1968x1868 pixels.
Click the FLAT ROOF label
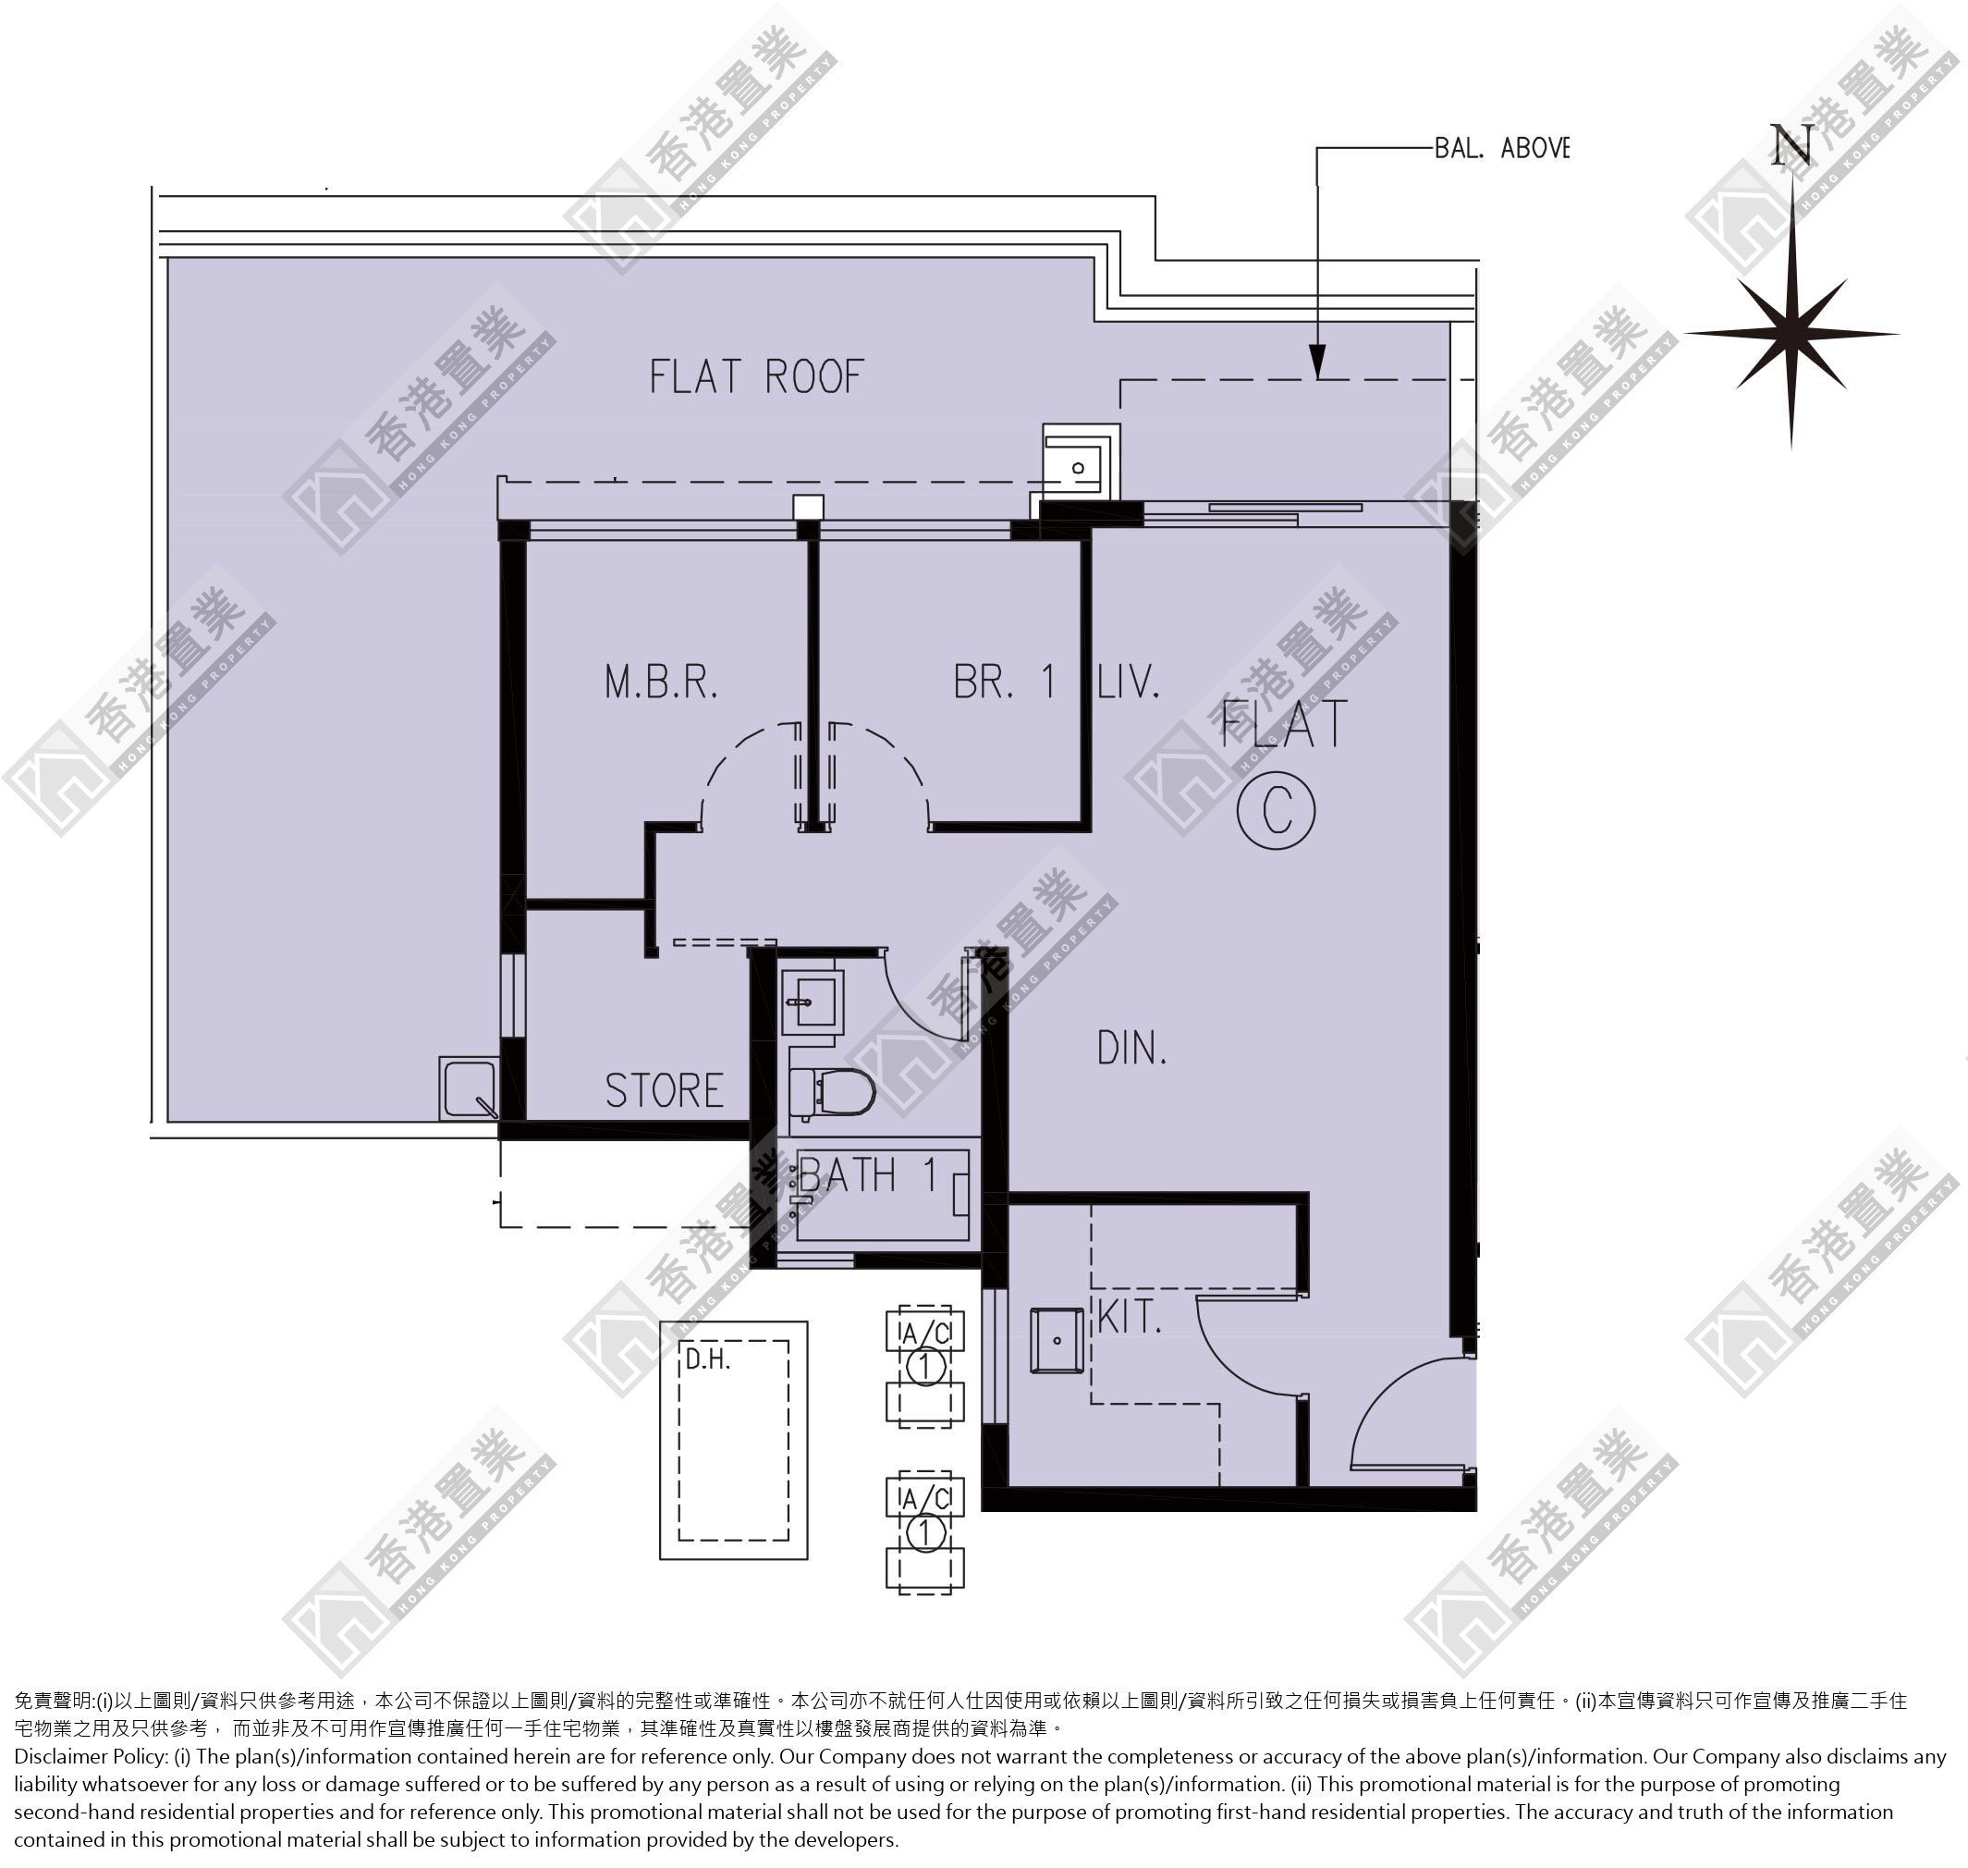(x=755, y=377)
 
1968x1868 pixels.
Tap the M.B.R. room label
(x=661, y=683)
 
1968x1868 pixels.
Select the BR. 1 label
(x=1003, y=683)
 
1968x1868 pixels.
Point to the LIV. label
(x=1129, y=683)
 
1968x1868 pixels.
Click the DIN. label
(x=1131, y=1049)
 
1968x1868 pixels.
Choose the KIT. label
(x=1129, y=1318)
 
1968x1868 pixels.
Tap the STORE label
(x=664, y=1091)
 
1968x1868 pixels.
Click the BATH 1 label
(x=868, y=1176)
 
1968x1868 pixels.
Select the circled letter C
(x=1277, y=809)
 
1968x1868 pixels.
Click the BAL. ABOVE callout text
(x=1501, y=148)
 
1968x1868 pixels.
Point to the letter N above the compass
(x=1791, y=147)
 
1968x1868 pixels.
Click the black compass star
(x=1791, y=334)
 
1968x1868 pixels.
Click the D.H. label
(x=708, y=1359)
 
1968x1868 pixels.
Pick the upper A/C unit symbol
(x=924, y=1366)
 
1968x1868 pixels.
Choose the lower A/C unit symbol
(x=924, y=1532)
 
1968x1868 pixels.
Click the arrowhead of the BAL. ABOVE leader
(x=1318, y=362)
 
